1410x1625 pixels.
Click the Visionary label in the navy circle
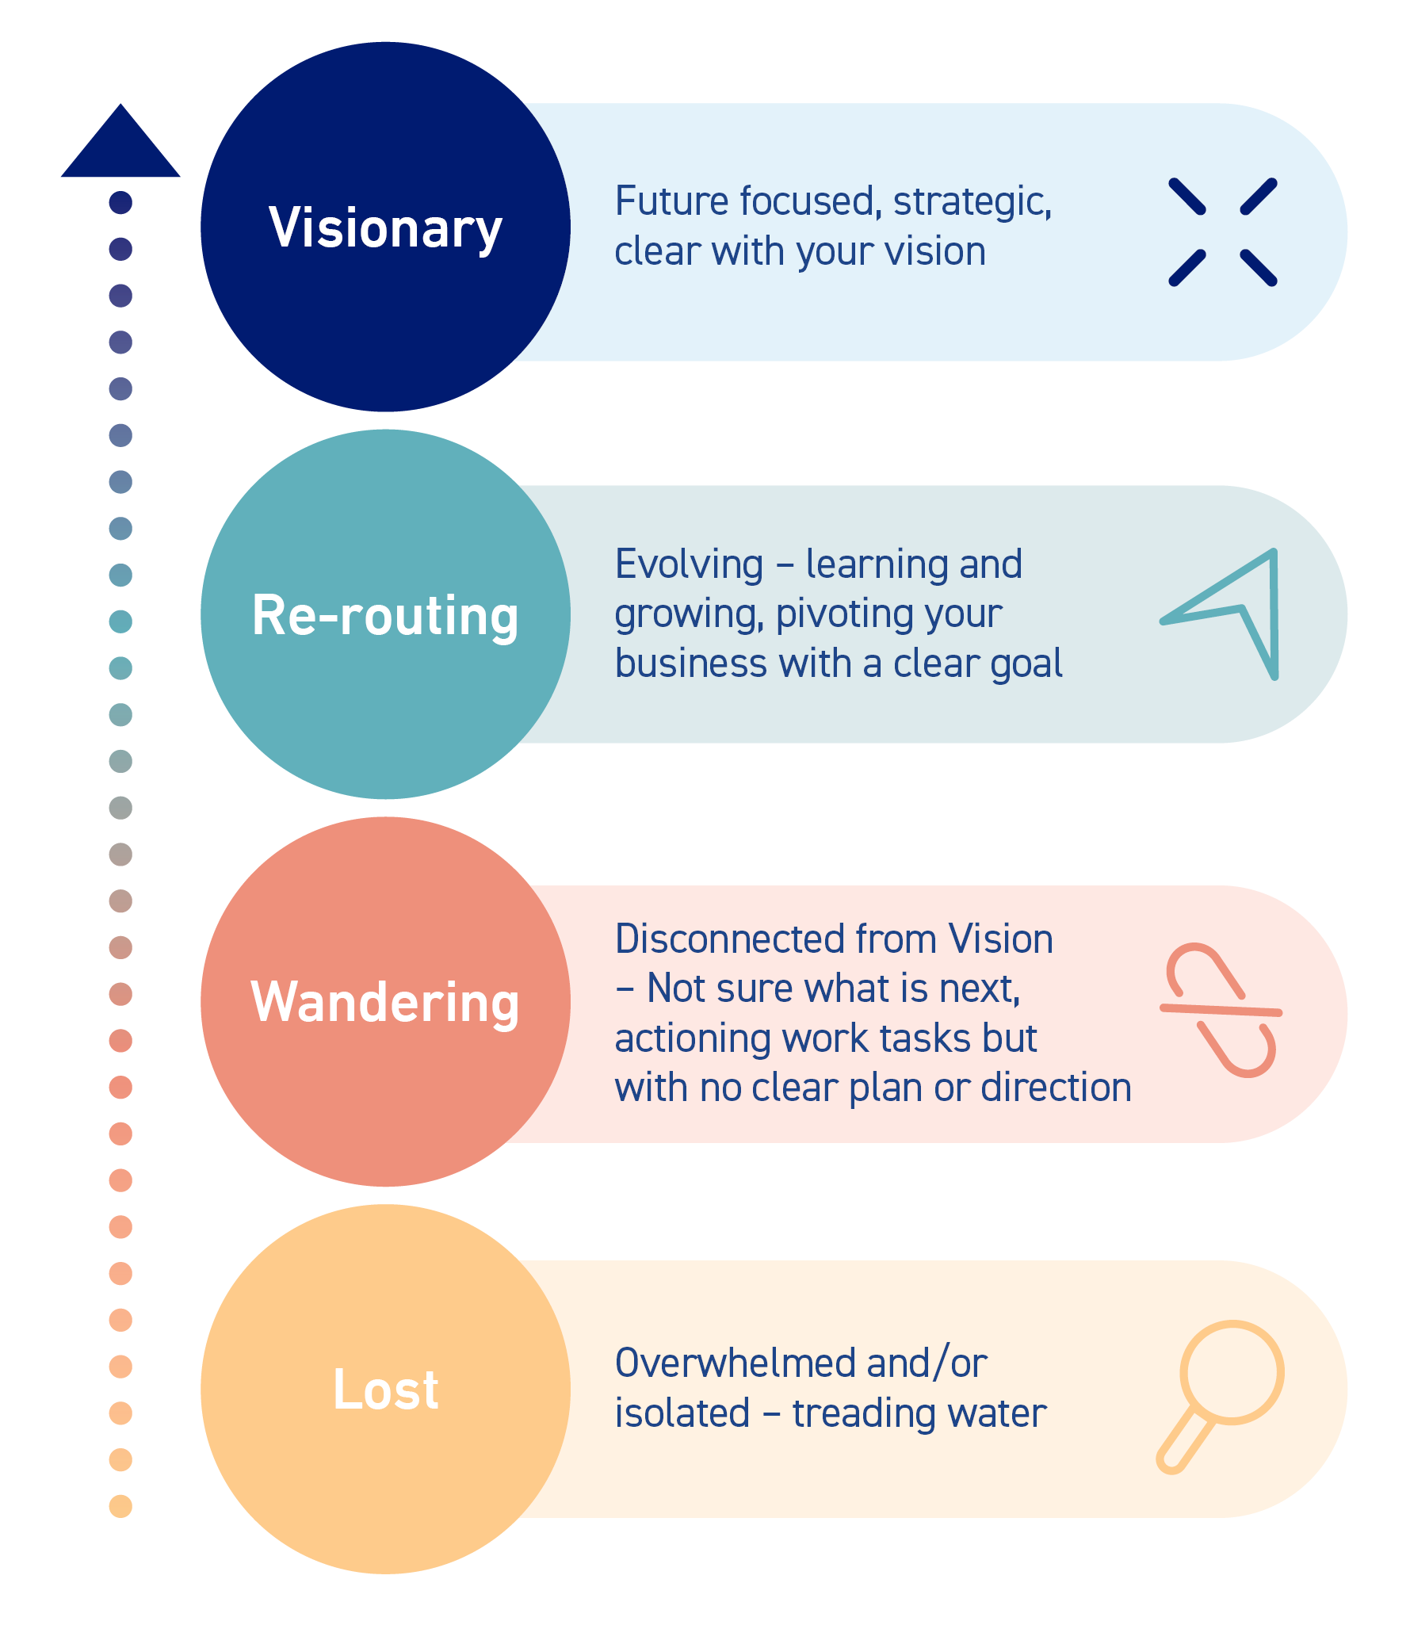(x=385, y=228)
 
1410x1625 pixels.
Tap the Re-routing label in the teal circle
(x=385, y=616)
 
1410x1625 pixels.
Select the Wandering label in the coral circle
(x=385, y=1003)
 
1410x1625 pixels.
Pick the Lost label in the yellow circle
(x=385, y=1390)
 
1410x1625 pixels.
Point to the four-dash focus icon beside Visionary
(x=1222, y=232)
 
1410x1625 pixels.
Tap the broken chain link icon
(x=1221, y=1010)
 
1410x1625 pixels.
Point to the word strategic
(x=972, y=203)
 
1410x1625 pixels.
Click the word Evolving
(x=689, y=564)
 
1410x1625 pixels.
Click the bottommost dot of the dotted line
(x=120, y=1506)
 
